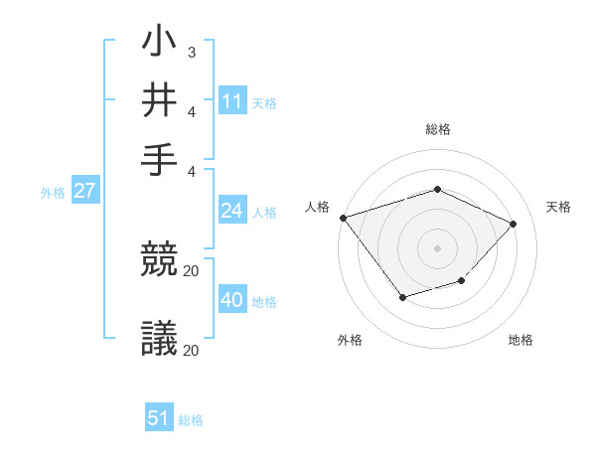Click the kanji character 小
pos(159,44)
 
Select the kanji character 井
pos(159,100)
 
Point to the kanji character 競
pos(159,261)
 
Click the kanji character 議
pos(159,339)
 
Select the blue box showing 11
pos(232,101)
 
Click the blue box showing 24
pos(232,211)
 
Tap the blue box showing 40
pos(232,300)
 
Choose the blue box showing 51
pos(159,418)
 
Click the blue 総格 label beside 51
pos(191,420)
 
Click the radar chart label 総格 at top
pos(437,129)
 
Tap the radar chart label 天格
pos(558,207)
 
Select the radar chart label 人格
pos(318,207)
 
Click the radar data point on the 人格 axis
pos(343,218)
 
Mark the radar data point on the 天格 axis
pos(513,224)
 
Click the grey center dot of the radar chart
pos(437,247)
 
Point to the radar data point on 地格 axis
pos(462,282)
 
